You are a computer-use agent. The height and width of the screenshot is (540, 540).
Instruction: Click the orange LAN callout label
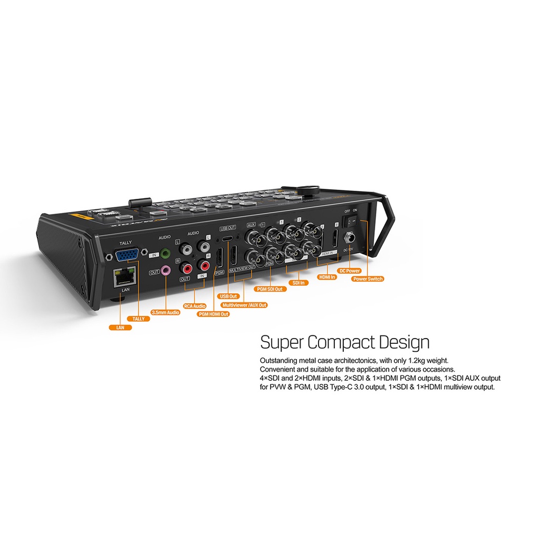click(120, 327)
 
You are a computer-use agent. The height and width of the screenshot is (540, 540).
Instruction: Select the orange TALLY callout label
click(138, 319)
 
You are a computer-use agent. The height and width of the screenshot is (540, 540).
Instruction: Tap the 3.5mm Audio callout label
click(166, 312)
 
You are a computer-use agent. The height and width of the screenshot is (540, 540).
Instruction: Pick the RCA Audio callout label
click(195, 305)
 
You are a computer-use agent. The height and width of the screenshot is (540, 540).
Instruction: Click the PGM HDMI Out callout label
click(214, 314)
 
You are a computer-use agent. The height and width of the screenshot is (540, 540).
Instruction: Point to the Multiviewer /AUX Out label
click(244, 305)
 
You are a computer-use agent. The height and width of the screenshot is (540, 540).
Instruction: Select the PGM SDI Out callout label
click(269, 289)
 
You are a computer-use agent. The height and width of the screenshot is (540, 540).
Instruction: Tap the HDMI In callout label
click(327, 276)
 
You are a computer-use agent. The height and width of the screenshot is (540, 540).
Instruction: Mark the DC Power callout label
click(350, 271)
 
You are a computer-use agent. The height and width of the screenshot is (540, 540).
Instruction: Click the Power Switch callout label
click(368, 278)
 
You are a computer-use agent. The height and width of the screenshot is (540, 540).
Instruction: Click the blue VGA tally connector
click(128, 256)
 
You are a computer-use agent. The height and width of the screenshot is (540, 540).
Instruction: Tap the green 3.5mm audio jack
click(167, 254)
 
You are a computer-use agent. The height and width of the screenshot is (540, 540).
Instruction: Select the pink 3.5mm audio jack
click(167, 271)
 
